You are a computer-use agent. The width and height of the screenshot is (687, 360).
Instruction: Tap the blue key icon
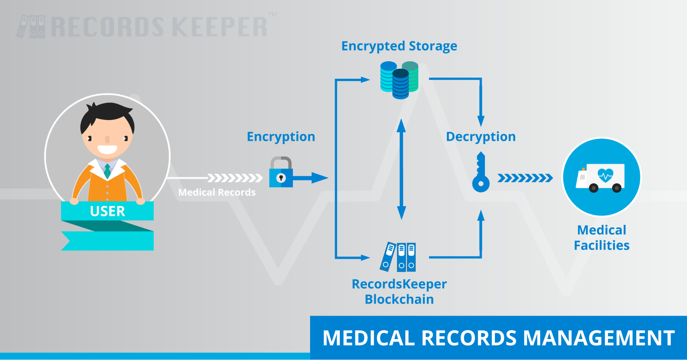[x=481, y=174]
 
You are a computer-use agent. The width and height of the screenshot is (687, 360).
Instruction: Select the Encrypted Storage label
[x=399, y=46]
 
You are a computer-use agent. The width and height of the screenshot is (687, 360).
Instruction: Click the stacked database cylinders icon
[x=399, y=80]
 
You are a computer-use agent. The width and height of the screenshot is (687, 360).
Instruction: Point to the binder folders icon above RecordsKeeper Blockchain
[x=398, y=257]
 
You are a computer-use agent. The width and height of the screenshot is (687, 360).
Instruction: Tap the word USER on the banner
[x=107, y=211]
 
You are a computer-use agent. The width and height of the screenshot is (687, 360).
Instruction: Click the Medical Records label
[x=217, y=193]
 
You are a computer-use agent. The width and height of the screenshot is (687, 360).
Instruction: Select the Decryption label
[x=481, y=137]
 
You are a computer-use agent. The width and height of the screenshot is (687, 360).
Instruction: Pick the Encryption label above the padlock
[x=281, y=137]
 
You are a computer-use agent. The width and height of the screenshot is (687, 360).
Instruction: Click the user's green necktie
[x=107, y=171]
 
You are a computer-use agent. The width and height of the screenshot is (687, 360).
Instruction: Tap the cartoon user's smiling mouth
[x=107, y=150]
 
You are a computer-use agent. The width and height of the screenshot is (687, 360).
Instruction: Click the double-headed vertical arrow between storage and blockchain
[x=401, y=169]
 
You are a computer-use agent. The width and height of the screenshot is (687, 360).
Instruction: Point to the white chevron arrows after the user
[x=235, y=178]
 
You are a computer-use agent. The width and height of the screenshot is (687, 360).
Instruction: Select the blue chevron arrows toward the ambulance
[x=525, y=178]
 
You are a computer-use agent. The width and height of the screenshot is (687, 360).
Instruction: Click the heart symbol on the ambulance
[x=605, y=174]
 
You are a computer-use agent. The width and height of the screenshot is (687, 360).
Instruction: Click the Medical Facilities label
[x=601, y=238]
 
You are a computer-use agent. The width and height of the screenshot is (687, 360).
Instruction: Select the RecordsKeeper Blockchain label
[x=399, y=292]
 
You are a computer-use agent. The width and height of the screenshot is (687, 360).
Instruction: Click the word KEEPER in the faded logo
[x=219, y=27]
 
